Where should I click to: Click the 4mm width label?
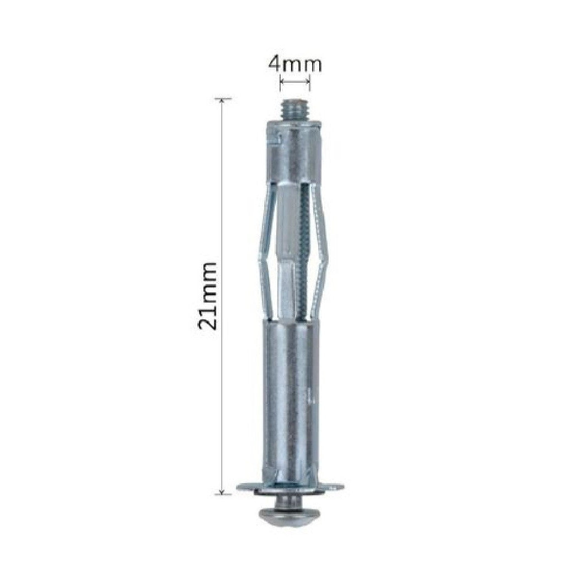tap(294, 65)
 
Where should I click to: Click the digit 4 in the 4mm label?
tap(274, 65)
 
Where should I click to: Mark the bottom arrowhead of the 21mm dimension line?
tap(222, 491)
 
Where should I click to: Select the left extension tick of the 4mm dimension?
tap(280, 83)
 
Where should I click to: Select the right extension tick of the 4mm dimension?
tap(309, 83)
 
